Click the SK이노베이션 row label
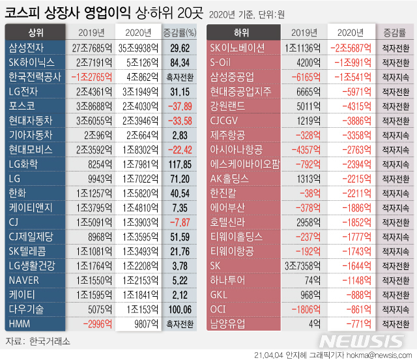(x=238, y=47)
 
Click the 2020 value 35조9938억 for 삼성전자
(x=137, y=47)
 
